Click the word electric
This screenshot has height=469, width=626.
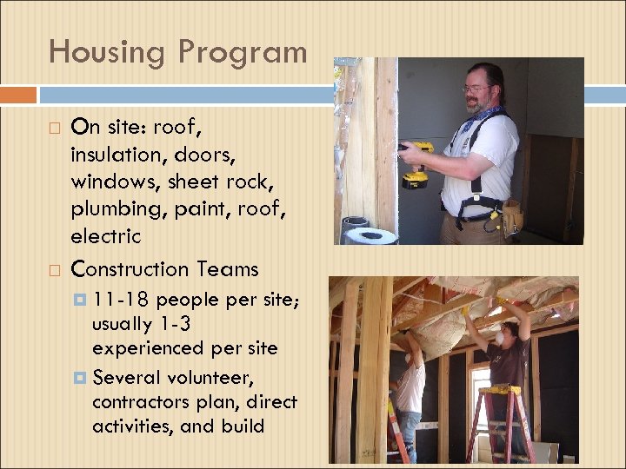coord(105,235)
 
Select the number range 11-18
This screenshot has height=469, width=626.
coord(121,301)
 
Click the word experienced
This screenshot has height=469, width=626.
coord(150,348)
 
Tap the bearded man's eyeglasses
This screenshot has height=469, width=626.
coord(476,88)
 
